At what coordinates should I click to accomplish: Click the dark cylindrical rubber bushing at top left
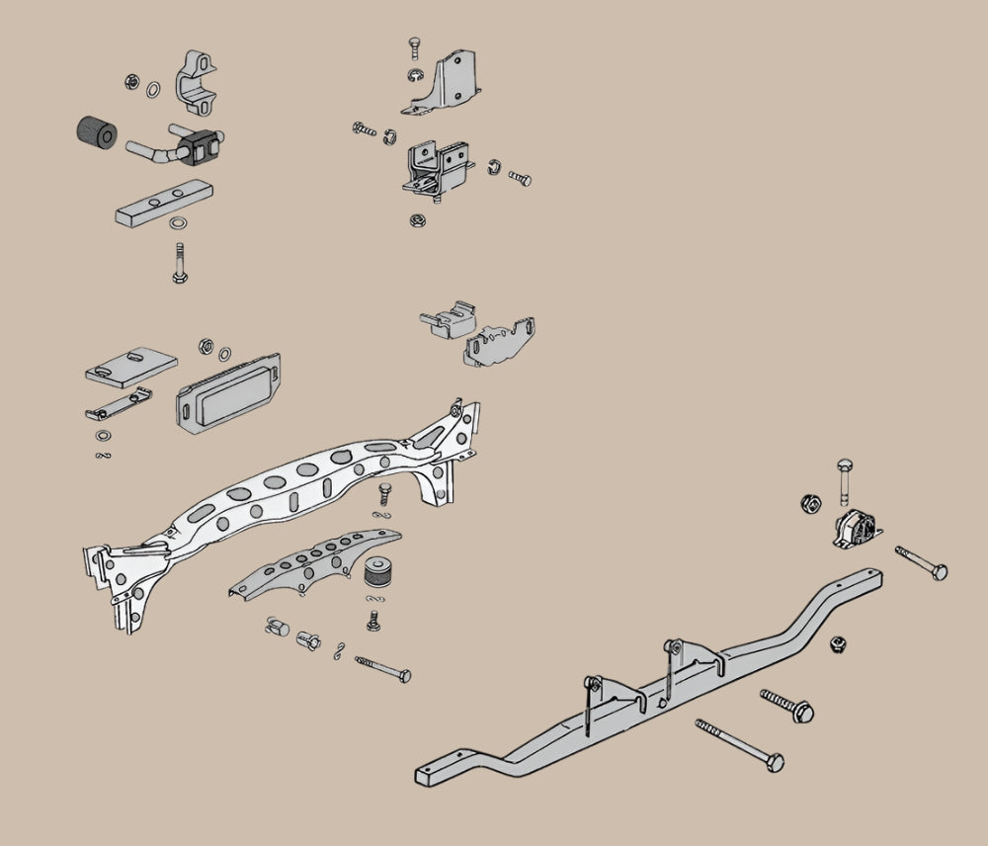[x=98, y=133]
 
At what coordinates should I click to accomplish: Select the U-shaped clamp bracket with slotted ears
[x=198, y=81]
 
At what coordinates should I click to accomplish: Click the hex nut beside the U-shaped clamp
[x=132, y=83]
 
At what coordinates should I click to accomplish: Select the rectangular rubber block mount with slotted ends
[x=227, y=393]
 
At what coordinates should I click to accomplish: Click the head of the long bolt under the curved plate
[x=403, y=675]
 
